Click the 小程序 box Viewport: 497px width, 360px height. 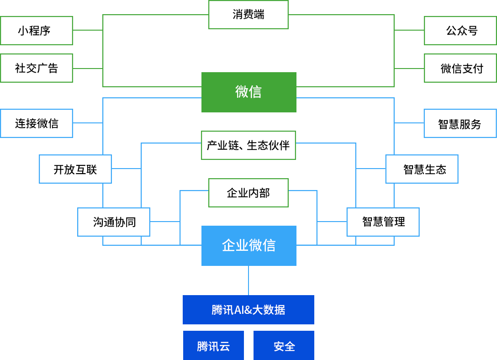click(x=37, y=31)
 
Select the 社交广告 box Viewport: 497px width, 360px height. click(x=37, y=68)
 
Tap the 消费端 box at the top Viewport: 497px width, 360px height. click(x=248, y=15)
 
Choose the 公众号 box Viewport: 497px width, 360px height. click(x=460, y=31)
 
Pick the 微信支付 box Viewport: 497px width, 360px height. click(x=460, y=68)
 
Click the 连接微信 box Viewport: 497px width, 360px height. click(x=37, y=123)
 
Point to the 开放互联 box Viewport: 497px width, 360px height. click(x=75, y=169)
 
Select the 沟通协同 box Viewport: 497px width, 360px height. click(x=114, y=222)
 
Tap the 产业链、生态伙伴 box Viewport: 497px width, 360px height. click(x=248, y=145)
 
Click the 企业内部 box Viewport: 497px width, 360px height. click(x=248, y=193)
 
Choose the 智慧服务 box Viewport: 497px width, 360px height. click(x=460, y=123)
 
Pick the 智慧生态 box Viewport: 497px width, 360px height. click(x=422, y=169)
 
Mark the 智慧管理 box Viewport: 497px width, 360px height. click(x=383, y=222)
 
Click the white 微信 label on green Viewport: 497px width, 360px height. click(x=248, y=92)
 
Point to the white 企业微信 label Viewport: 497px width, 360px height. click(x=248, y=246)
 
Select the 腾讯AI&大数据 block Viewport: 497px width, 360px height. click(x=248, y=309)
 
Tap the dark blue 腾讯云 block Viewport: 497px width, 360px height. click(x=213, y=345)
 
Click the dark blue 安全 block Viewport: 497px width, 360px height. click(x=284, y=345)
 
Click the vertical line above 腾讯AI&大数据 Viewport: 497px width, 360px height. click(x=248, y=280)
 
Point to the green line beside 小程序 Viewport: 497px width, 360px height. click(x=87, y=30)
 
